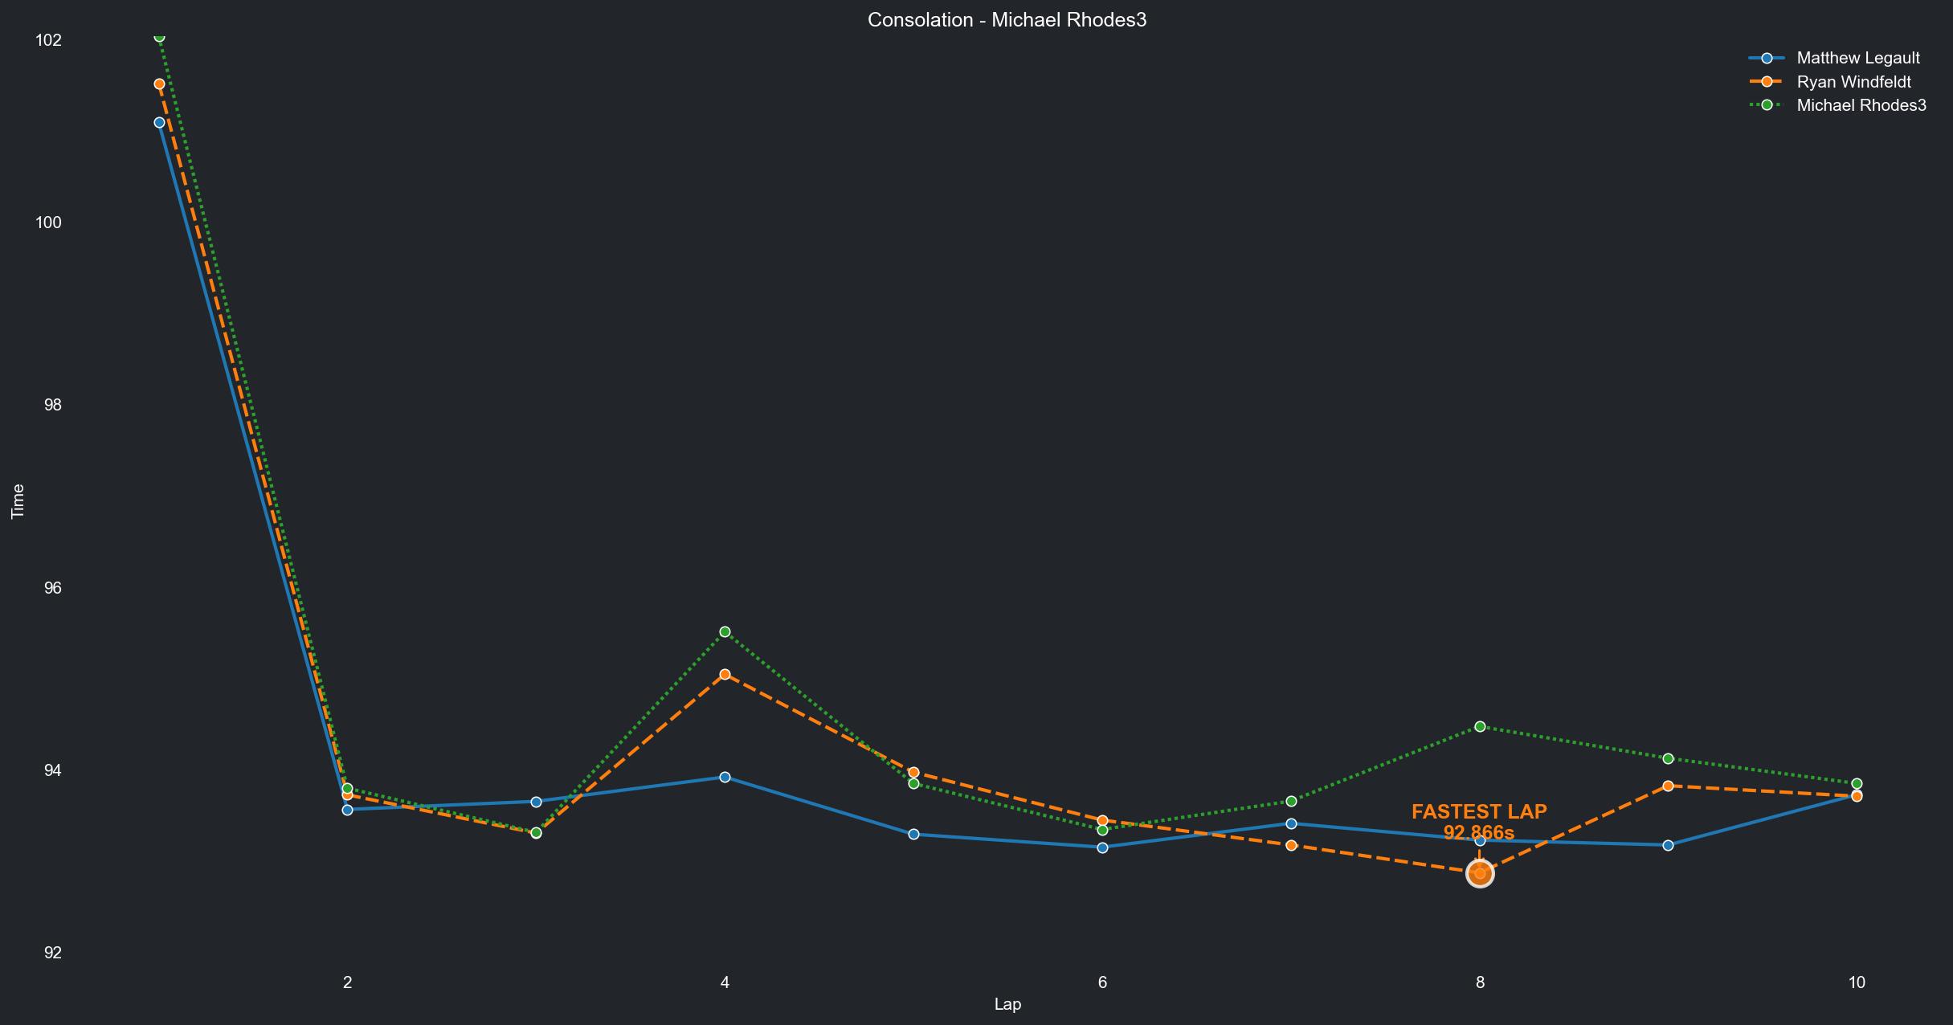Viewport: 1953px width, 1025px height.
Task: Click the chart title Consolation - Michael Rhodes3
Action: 1007,20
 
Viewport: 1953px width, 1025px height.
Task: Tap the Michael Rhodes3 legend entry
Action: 1861,105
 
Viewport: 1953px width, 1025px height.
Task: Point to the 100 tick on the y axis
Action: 48,223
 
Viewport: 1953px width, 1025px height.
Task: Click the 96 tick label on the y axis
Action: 52,588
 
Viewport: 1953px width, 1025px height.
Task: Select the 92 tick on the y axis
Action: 52,953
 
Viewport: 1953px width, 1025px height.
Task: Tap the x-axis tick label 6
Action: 1102,982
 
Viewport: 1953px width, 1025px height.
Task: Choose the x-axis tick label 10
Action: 1856,982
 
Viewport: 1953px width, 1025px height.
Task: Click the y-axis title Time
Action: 18,501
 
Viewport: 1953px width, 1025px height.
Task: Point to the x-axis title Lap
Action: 1007,1004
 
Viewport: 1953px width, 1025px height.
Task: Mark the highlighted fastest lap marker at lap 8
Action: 1480,873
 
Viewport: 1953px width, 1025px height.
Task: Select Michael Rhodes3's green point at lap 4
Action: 725,632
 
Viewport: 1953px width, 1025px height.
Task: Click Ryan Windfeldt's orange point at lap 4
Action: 725,675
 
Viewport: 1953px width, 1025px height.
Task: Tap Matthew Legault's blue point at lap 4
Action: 725,777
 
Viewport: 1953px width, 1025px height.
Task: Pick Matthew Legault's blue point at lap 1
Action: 159,122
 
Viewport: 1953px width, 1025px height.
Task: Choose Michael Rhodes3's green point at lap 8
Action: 1480,727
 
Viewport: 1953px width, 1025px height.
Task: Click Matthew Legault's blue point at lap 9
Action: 1668,845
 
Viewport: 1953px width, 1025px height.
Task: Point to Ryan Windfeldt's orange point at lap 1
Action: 159,84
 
